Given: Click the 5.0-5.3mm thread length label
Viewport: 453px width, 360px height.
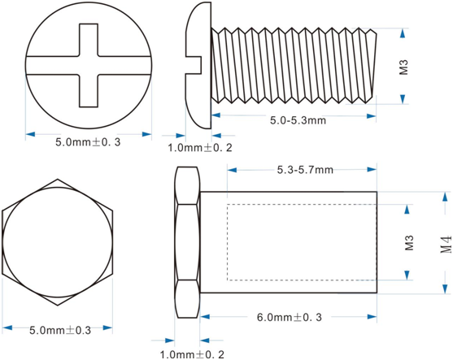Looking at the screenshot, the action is click(298, 120).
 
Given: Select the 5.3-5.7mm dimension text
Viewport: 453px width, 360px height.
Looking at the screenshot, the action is click(305, 170).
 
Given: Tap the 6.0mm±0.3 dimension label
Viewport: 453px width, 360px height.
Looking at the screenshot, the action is click(290, 317).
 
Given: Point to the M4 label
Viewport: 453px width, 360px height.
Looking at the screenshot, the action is click(446, 245).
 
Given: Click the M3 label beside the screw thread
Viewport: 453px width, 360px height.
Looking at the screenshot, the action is click(403, 67).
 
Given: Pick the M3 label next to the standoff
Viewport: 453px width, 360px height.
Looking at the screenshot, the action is click(409, 243).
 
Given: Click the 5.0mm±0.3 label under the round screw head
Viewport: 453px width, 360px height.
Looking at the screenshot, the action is click(88, 142).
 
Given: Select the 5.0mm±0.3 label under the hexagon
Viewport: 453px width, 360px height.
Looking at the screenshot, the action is click(60, 330).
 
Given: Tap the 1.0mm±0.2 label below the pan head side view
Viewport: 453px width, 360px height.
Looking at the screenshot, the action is click(200, 148).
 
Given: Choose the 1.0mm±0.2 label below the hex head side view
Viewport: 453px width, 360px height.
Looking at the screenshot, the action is click(192, 354).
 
